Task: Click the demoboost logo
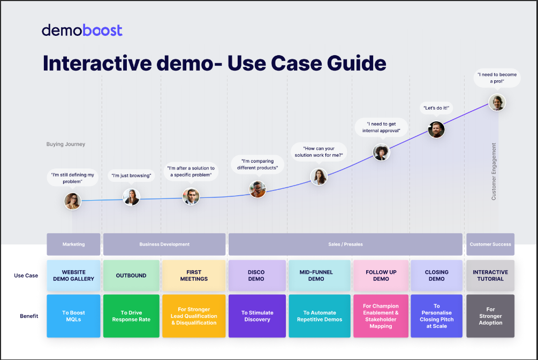[x=82, y=30]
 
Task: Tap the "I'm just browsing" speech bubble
[x=131, y=175]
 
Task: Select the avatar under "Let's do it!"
[x=436, y=129]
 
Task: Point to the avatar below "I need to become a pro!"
[x=497, y=102]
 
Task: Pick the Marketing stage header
[x=73, y=244]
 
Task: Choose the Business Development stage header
[x=164, y=244]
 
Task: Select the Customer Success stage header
[x=490, y=244]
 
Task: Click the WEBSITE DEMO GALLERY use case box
[x=73, y=275]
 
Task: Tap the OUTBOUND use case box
[x=131, y=275]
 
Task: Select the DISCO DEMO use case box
[x=256, y=275]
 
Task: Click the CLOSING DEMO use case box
[x=436, y=275]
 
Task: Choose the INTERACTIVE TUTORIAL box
[x=490, y=275]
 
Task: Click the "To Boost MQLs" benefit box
[x=73, y=316]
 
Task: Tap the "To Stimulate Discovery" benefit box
[x=257, y=316]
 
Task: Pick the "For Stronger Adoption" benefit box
[x=490, y=316]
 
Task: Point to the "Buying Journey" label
[x=66, y=144]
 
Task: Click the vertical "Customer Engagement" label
[x=494, y=171]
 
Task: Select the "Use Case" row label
[x=26, y=276]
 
